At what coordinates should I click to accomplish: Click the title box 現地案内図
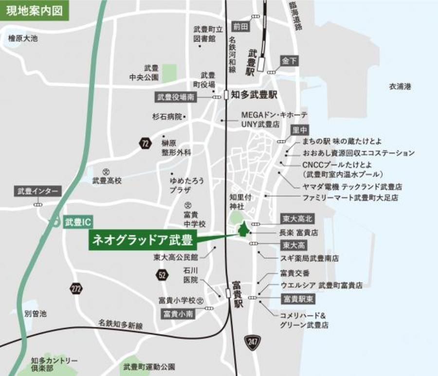(34, 10)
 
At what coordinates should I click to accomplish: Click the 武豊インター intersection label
(37, 191)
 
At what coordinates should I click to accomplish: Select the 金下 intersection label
(289, 61)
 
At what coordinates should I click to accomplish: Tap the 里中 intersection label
(300, 130)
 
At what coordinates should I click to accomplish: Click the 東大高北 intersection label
(296, 218)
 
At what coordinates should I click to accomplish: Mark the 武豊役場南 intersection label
(176, 97)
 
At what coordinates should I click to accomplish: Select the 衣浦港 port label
(400, 87)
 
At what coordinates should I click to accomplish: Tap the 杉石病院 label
(166, 117)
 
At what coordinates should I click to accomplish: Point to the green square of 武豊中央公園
(169, 73)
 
